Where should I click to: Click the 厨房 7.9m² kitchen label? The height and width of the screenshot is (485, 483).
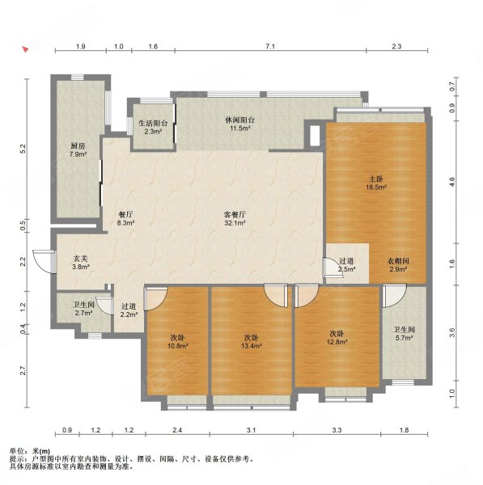pos(78,150)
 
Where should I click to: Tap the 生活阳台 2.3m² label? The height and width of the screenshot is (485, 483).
pos(153,127)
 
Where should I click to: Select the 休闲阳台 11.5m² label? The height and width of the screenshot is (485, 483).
pos(240,124)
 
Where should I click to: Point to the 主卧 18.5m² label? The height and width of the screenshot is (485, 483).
pos(376,183)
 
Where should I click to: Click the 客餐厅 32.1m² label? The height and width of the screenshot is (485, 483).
pos(235,218)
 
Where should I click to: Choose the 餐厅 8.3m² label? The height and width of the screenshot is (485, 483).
pos(125,218)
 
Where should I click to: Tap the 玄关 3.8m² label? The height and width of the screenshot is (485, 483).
pos(81,262)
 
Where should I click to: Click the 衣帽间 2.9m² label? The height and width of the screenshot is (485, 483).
pos(398,265)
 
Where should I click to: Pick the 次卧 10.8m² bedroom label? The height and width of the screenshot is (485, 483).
pos(178,341)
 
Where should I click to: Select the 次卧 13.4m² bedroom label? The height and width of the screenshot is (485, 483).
pos(252,341)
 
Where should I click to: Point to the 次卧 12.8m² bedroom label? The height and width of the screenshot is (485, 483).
pos(337,338)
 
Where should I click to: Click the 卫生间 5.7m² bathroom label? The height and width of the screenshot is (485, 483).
pos(404,334)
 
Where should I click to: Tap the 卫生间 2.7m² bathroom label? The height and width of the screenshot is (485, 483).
pos(83,309)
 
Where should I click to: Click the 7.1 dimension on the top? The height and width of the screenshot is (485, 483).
pos(270,46)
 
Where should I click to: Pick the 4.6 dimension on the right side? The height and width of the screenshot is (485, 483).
pos(452,181)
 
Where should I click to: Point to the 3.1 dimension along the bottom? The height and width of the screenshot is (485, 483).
pos(252,430)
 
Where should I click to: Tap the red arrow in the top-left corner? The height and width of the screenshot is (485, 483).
pos(25,49)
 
